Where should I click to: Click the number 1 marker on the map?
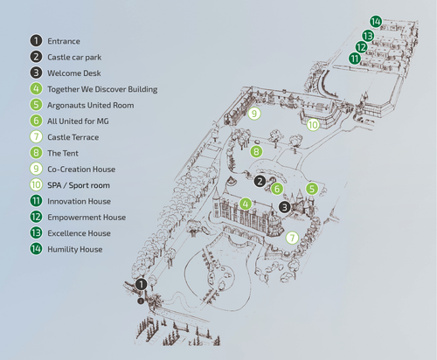142,284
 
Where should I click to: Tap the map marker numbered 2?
260,181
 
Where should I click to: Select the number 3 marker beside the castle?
285,207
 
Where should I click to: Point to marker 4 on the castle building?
246,204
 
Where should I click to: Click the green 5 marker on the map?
312,189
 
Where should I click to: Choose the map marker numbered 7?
292,238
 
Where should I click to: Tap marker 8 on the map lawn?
256,151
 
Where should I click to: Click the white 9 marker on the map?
254,114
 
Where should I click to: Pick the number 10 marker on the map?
313,125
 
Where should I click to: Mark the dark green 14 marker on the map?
376,22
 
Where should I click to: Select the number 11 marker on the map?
355,59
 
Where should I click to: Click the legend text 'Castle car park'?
74,58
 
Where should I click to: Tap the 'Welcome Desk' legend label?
74,73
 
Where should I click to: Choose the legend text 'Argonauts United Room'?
91,105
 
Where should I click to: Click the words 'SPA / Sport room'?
79,185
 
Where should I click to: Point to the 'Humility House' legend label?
75,249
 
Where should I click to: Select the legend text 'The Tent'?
63,153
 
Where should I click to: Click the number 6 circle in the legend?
36,121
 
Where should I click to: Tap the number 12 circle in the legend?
36,217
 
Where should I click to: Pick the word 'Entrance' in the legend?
64,41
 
